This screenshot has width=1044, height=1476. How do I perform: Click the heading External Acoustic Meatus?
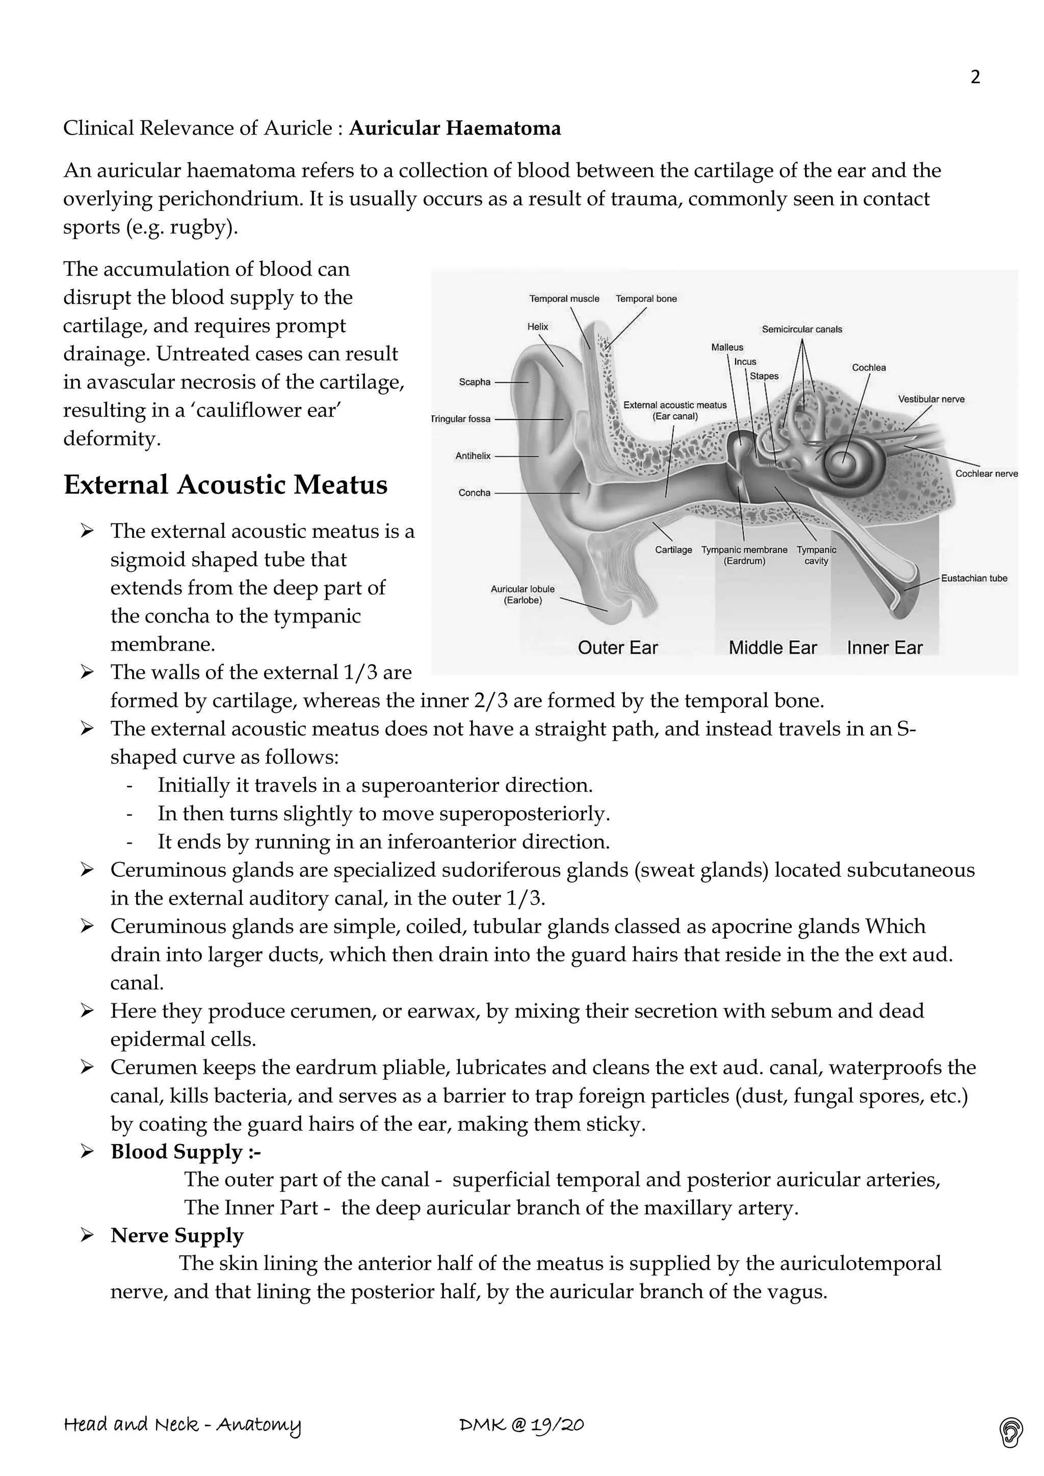coord(226,485)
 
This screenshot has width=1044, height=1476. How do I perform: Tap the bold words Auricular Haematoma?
coord(455,128)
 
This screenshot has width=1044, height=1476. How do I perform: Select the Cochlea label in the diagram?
coord(869,368)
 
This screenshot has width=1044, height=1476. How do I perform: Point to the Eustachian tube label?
coord(973,578)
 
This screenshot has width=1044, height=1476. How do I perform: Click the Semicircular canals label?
coord(802,329)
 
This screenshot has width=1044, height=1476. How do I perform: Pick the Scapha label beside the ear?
coord(475,382)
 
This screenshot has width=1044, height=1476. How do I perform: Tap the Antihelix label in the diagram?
coord(473,456)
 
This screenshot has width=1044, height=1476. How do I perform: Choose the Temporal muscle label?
coord(564,298)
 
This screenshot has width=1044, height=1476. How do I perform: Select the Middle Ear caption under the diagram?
coord(772,648)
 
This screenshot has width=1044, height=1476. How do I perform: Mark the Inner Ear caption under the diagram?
coord(884,648)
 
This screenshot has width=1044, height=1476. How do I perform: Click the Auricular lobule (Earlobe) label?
coord(522,594)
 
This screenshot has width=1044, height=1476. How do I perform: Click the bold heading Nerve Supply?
coord(177,1235)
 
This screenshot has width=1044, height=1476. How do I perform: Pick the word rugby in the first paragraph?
coord(200,227)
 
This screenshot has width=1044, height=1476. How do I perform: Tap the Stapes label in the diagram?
coord(764,376)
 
